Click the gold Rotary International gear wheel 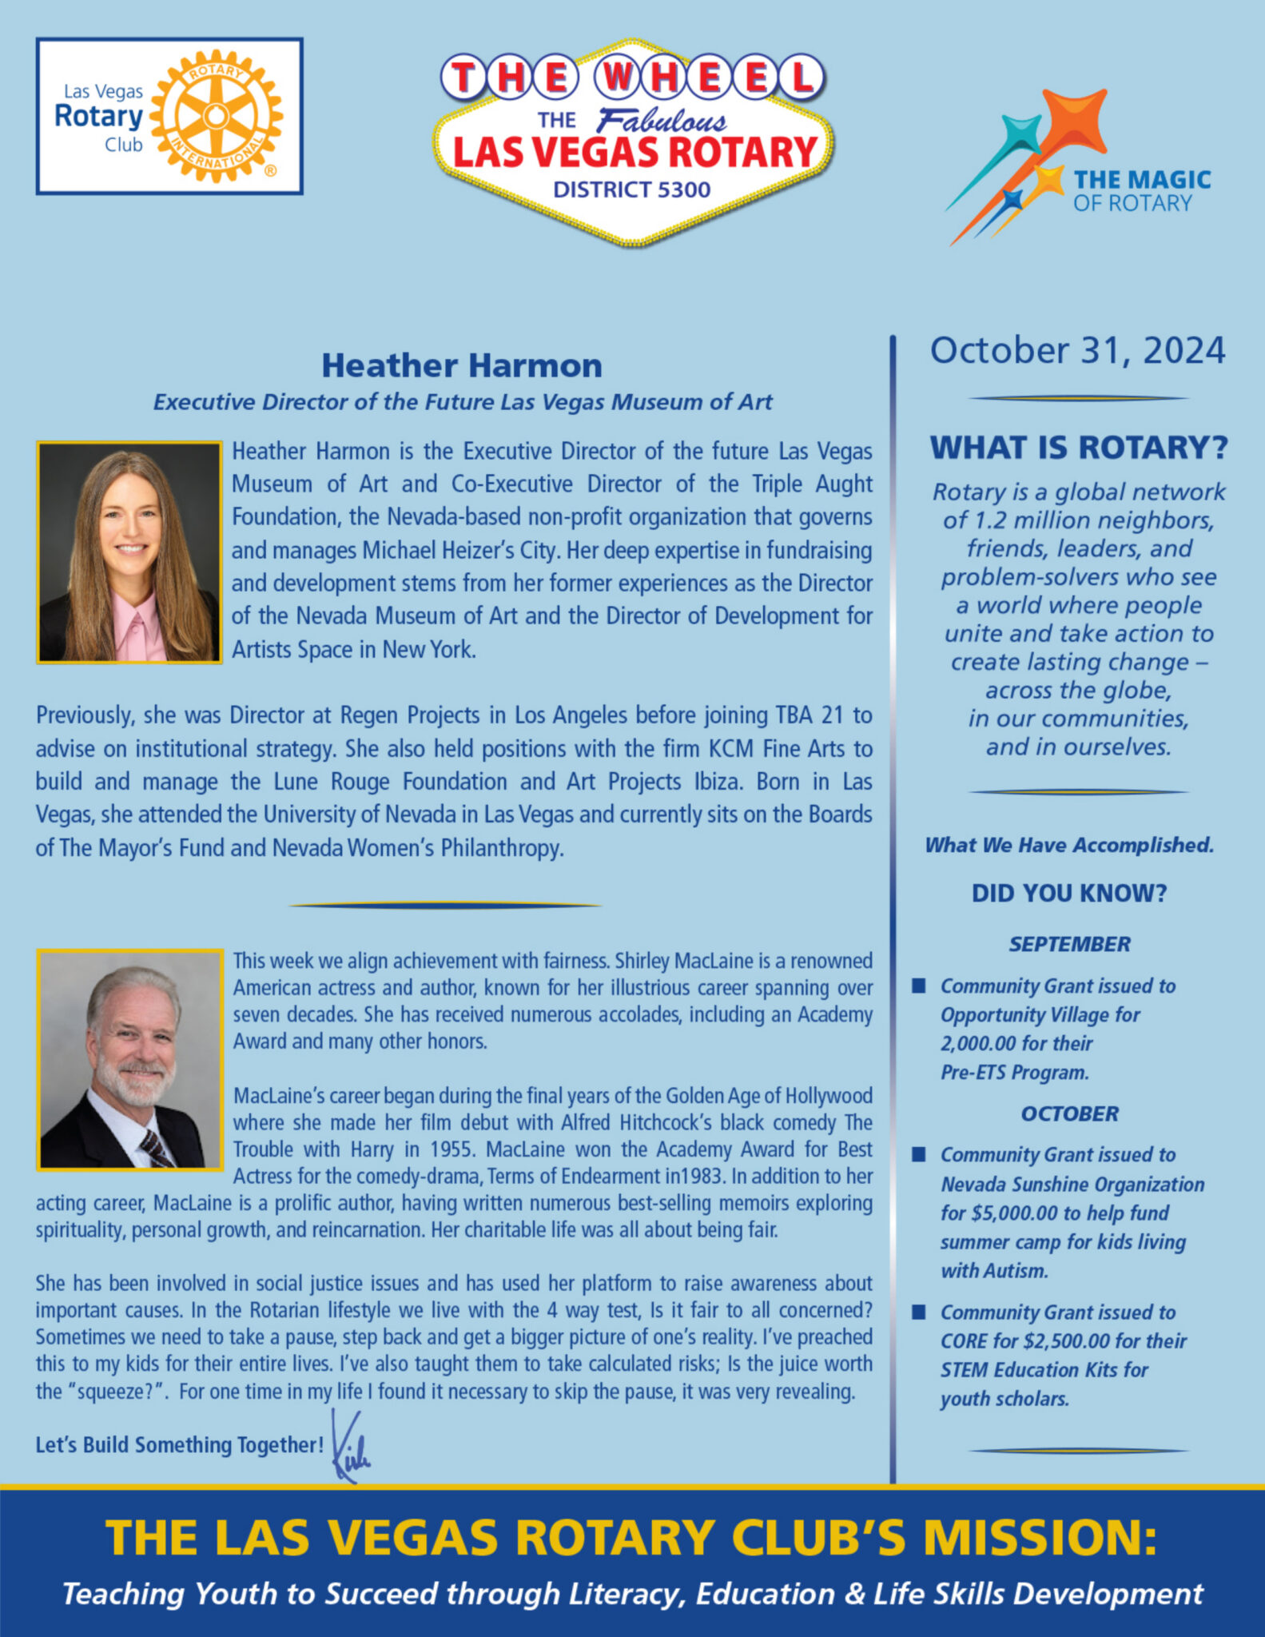(x=216, y=117)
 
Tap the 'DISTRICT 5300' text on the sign (x=631, y=189)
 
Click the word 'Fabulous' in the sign (x=662, y=121)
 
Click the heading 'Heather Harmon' (x=462, y=365)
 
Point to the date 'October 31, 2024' (x=1077, y=351)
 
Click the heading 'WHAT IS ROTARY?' (x=1078, y=448)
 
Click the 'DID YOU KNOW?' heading (x=1069, y=893)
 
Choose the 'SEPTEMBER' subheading (x=1069, y=944)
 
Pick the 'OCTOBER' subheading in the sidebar (x=1069, y=1113)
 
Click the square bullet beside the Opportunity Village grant (x=920, y=986)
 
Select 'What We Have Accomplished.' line (x=1069, y=845)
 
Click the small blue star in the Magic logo (x=1012, y=200)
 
